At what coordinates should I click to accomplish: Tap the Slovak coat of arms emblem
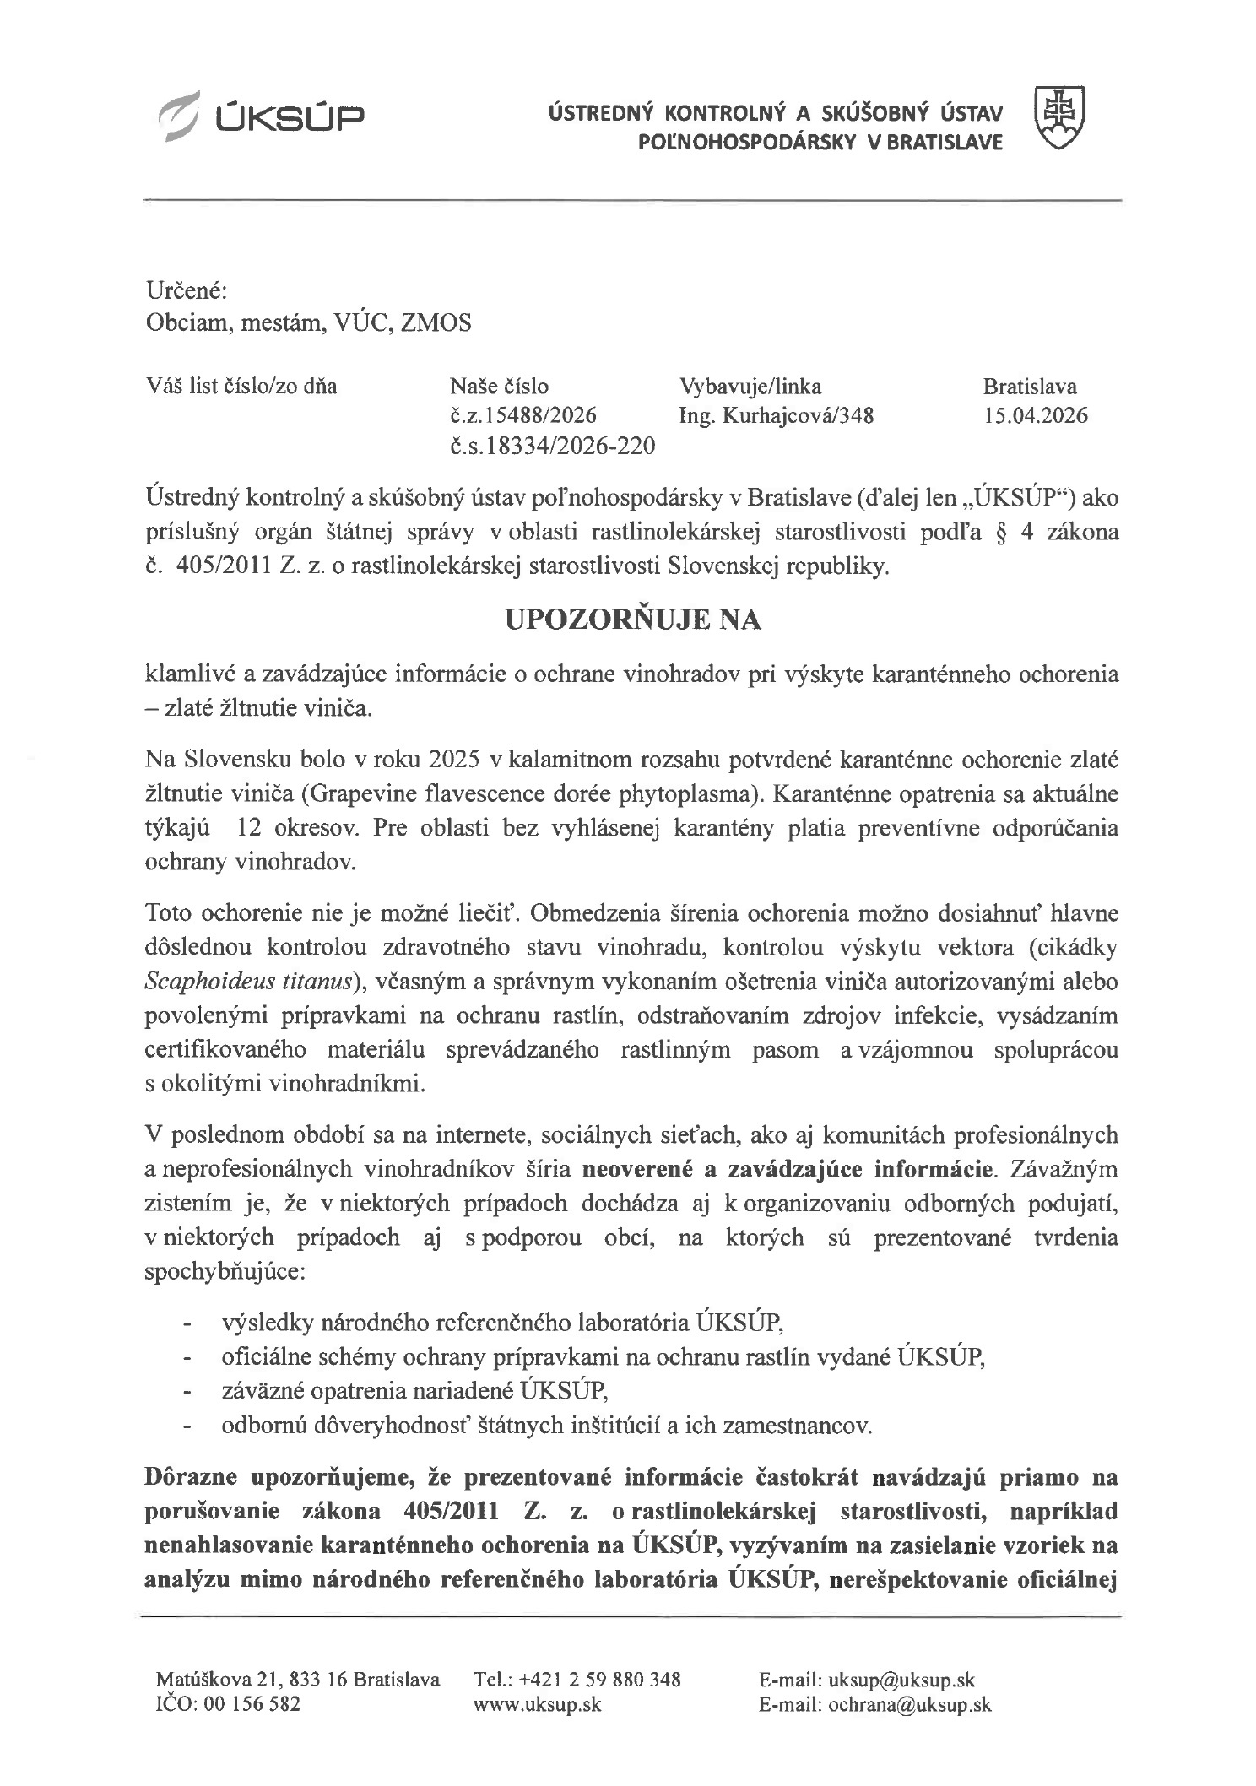point(1059,117)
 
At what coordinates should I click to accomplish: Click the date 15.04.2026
point(1035,415)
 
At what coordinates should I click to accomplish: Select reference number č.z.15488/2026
point(523,415)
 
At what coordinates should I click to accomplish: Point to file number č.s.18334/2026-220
point(553,446)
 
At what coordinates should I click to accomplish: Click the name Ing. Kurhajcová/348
point(777,415)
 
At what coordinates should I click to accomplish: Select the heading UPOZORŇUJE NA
point(632,620)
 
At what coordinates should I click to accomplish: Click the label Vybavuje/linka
point(750,387)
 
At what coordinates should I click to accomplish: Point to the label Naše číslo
point(499,387)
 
